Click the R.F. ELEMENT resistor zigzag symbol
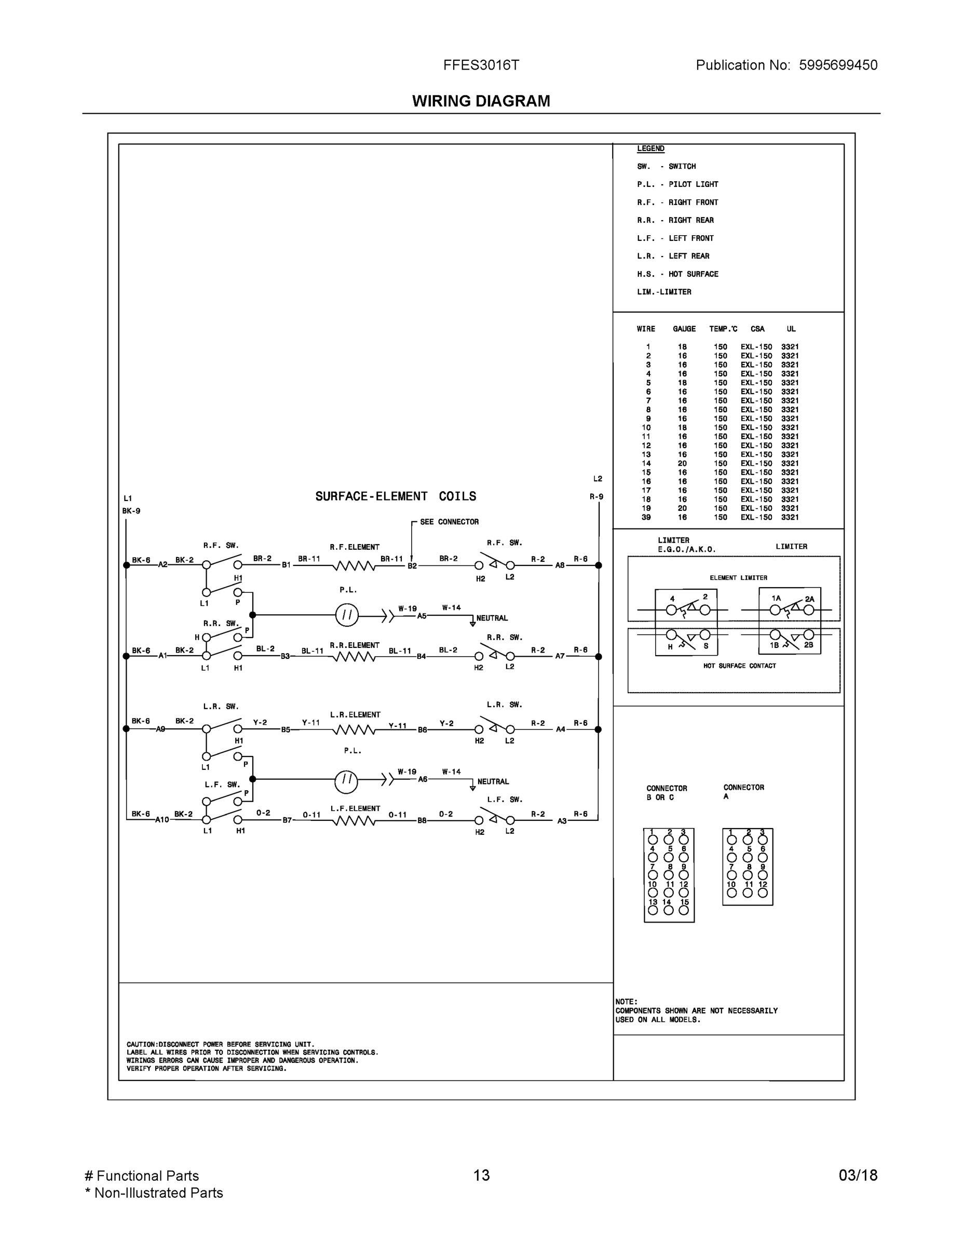[x=354, y=566]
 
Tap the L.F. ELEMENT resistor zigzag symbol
[x=354, y=821]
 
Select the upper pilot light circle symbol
[x=346, y=615]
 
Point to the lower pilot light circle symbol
[x=346, y=781]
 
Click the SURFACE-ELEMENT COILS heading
[x=396, y=496]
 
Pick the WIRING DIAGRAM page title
[x=481, y=101]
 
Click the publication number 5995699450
[x=837, y=65]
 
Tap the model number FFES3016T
[x=481, y=65]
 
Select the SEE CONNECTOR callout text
[x=449, y=522]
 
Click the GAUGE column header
[x=684, y=329]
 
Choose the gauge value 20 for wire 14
[x=682, y=464]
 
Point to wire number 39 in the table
[x=646, y=518]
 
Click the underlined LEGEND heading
[x=650, y=149]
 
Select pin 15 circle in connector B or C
[x=684, y=911]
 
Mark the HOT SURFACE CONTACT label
[x=739, y=666]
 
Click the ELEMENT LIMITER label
[x=738, y=578]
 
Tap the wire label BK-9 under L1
[x=131, y=511]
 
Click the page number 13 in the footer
[x=481, y=1175]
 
